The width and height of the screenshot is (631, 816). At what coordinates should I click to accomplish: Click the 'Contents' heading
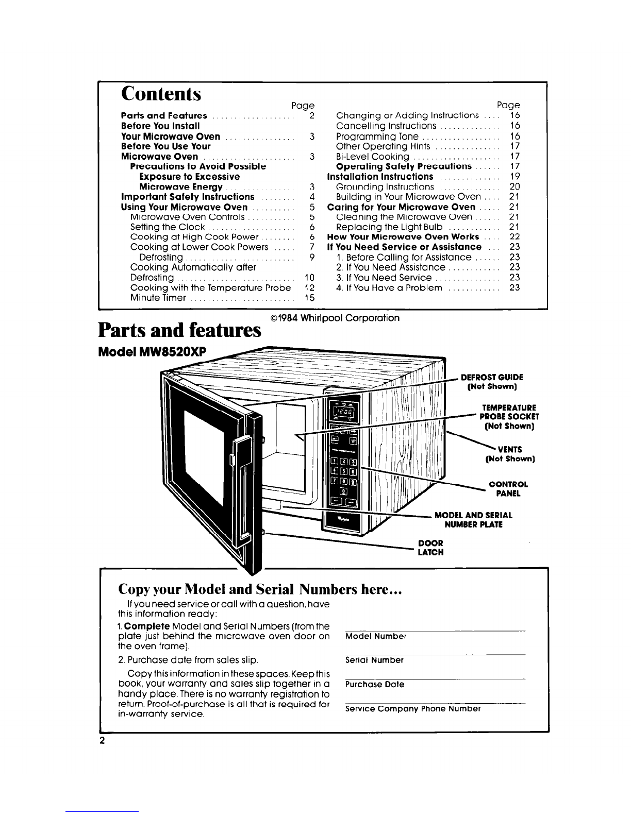[161, 94]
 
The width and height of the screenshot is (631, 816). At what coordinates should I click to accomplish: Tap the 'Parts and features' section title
[179, 330]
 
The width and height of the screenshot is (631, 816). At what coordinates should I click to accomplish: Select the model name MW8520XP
[173, 351]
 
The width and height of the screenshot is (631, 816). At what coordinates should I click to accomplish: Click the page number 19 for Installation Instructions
[514, 177]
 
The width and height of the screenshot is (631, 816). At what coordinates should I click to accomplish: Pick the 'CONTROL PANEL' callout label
[508, 489]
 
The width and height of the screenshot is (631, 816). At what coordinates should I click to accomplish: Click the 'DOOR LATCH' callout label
[430, 548]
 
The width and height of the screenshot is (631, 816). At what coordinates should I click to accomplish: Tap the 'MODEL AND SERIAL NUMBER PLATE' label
[474, 520]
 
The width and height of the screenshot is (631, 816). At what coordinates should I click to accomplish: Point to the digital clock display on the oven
[344, 412]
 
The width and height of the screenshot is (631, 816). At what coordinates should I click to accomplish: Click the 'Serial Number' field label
[374, 660]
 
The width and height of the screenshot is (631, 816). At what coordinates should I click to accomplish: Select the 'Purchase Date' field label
[375, 685]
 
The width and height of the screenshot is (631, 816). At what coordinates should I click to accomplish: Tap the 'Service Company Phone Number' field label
[412, 709]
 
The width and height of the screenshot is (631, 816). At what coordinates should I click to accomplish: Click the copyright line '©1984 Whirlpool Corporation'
[335, 318]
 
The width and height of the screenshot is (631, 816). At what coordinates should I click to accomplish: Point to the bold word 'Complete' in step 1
[147, 626]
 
